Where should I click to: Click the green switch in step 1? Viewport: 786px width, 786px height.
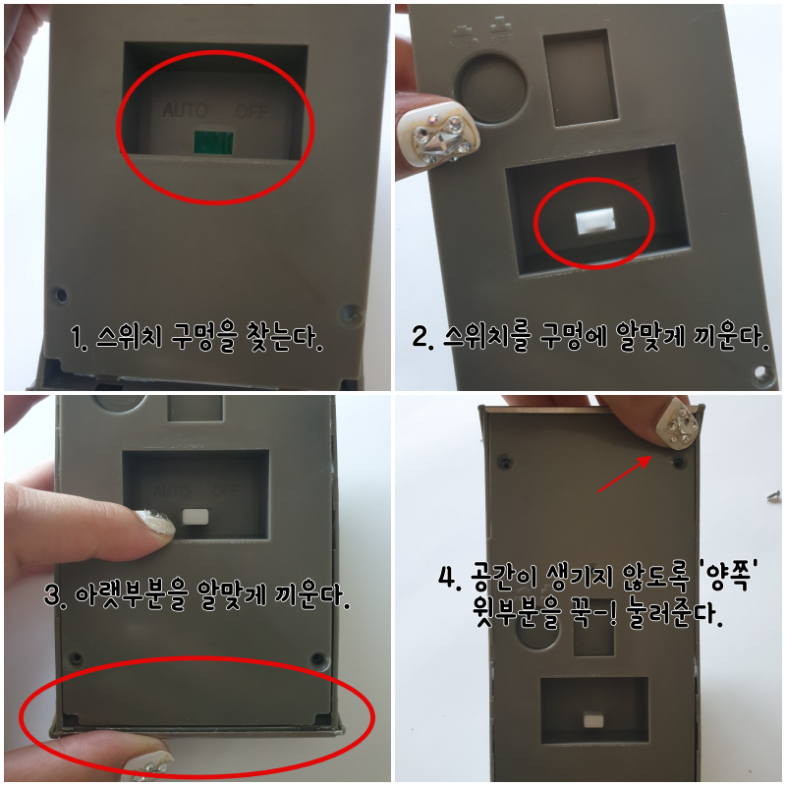[213, 141]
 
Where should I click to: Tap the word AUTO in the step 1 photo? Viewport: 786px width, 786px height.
[185, 110]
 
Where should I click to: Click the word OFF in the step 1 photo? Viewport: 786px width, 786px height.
[252, 111]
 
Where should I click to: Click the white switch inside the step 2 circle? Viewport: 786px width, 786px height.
[595, 222]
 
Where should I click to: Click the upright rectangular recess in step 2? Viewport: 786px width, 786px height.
[581, 78]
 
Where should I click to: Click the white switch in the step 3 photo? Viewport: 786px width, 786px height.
[196, 517]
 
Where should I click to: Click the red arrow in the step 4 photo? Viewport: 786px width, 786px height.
[625, 475]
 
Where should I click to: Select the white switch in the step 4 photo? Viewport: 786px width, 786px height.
[593, 721]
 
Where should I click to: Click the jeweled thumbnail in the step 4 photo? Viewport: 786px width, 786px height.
[678, 424]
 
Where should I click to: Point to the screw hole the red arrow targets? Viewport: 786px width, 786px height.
[679, 461]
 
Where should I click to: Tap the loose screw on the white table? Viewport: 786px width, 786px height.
[774, 495]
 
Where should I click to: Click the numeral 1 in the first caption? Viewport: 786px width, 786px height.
[77, 336]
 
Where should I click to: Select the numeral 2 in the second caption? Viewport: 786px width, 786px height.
[420, 336]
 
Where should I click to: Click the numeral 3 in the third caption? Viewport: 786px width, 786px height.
[52, 595]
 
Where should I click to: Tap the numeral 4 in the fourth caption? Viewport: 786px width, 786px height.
[447, 577]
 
